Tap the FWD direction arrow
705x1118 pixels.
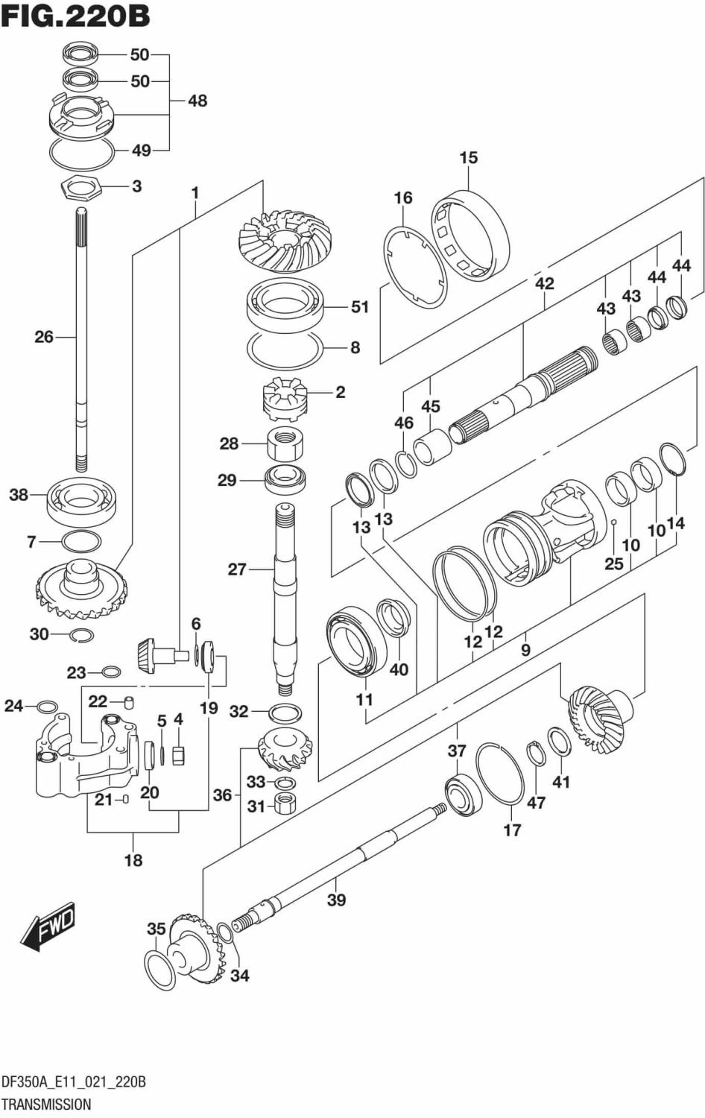click(48, 927)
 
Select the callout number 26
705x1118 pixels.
click(44, 337)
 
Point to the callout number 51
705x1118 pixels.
click(359, 306)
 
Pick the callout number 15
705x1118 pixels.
click(468, 158)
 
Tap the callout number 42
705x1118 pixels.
click(544, 283)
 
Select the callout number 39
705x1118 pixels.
click(337, 900)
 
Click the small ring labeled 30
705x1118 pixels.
click(81, 634)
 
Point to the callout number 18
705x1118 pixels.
click(133, 860)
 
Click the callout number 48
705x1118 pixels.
click(197, 101)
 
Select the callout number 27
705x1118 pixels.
click(237, 569)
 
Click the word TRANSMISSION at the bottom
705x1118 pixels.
click(46, 1104)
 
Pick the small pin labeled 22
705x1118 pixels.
click(127, 701)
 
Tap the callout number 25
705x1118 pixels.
click(613, 563)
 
